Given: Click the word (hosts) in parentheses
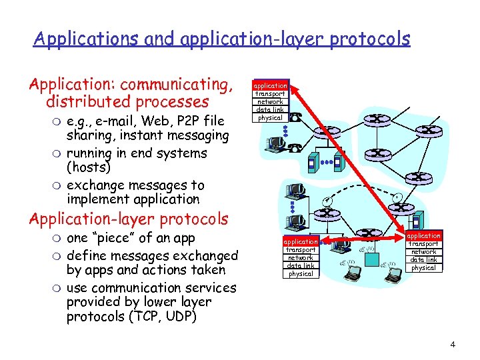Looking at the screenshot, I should pos(89,167).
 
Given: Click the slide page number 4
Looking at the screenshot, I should pos(453,345).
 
